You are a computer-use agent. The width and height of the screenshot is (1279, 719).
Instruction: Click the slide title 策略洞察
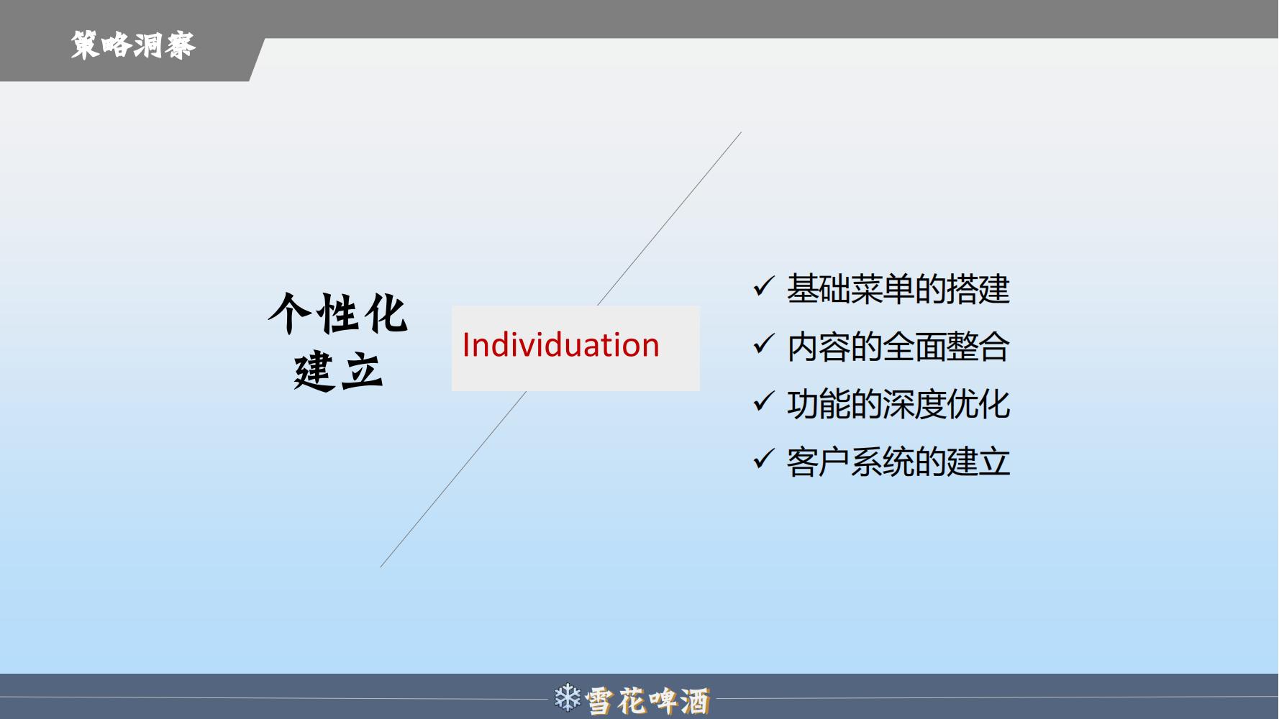(133, 45)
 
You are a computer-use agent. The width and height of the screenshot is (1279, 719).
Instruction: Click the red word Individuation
(560, 345)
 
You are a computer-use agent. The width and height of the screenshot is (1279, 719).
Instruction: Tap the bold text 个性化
(338, 313)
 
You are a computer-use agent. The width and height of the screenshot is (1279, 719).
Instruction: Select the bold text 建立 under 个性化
(338, 371)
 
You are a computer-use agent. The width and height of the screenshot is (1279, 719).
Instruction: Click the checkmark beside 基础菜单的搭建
(763, 286)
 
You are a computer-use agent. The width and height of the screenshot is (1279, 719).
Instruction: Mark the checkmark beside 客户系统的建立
(763, 459)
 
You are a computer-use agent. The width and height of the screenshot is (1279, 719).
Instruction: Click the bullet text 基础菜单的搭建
(898, 289)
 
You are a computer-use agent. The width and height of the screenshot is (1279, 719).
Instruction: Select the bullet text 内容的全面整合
(898, 347)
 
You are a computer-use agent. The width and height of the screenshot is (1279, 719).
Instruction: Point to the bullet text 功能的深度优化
(898, 404)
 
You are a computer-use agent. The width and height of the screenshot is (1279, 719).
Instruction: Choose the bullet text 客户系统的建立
(898, 462)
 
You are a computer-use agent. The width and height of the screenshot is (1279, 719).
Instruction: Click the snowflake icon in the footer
(568, 697)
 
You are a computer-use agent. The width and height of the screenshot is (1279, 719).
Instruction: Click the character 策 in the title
(85, 45)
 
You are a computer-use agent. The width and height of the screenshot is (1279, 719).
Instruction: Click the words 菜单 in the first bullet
(882, 289)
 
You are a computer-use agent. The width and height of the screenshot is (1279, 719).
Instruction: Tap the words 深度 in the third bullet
(914, 404)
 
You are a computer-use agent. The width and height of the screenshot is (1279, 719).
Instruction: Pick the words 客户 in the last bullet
(819, 462)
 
